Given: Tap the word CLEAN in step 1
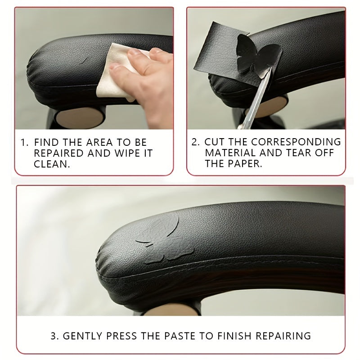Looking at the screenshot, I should [52, 164].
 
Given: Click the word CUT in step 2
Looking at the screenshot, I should [214, 142].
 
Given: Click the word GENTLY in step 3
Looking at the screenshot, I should [81, 336].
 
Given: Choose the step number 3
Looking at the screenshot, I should [53, 336].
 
